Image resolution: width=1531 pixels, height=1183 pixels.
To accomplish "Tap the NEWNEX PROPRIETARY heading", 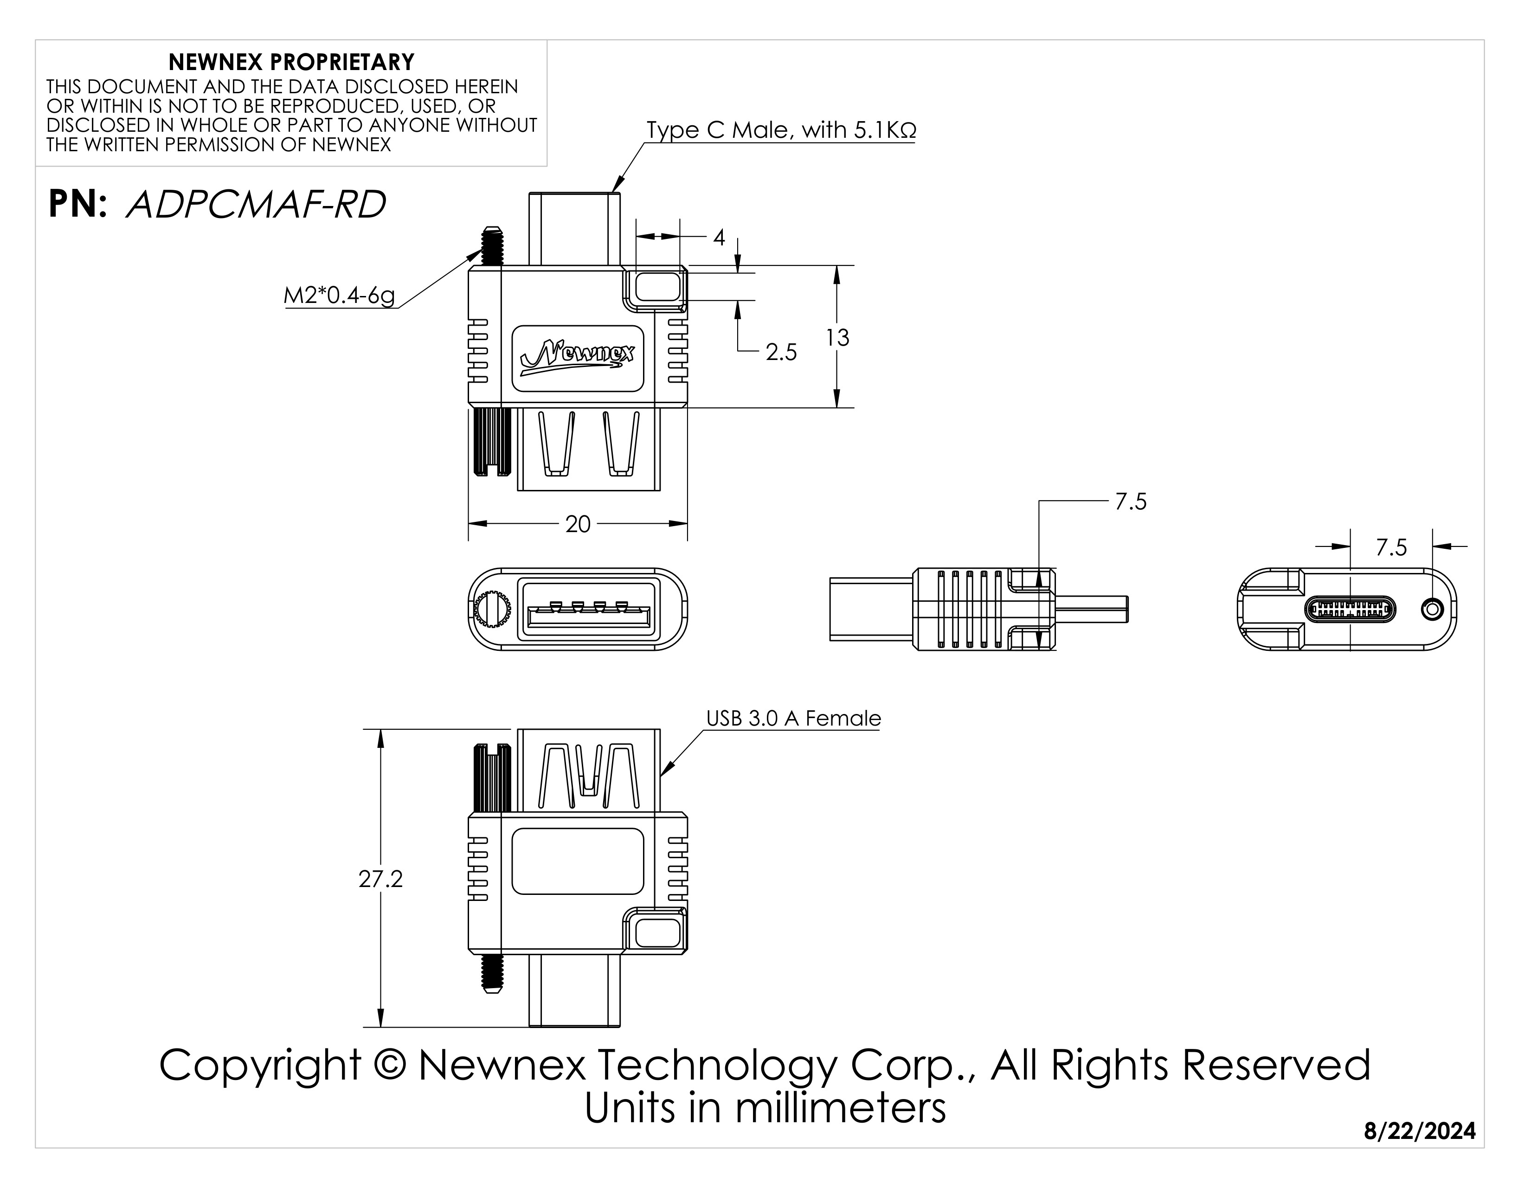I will pyautogui.click(x=292, y=62).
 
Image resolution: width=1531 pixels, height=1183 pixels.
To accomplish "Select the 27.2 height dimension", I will pyautogui.click(x=380, y=879).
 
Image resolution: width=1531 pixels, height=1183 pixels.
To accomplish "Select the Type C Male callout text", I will pyautogui.click(x=781, y=130).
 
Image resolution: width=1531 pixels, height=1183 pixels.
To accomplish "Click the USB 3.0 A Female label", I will pyautogui.click(x=793, y=718).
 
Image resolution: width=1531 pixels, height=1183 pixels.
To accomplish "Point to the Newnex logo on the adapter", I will pyautogui.click(x=578, y=357).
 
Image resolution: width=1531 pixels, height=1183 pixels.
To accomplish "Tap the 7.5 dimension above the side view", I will pyautogui.click(x=1131, y=502).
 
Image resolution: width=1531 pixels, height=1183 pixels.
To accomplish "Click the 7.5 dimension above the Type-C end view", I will pyautogui.click(x=1391, y=547).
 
